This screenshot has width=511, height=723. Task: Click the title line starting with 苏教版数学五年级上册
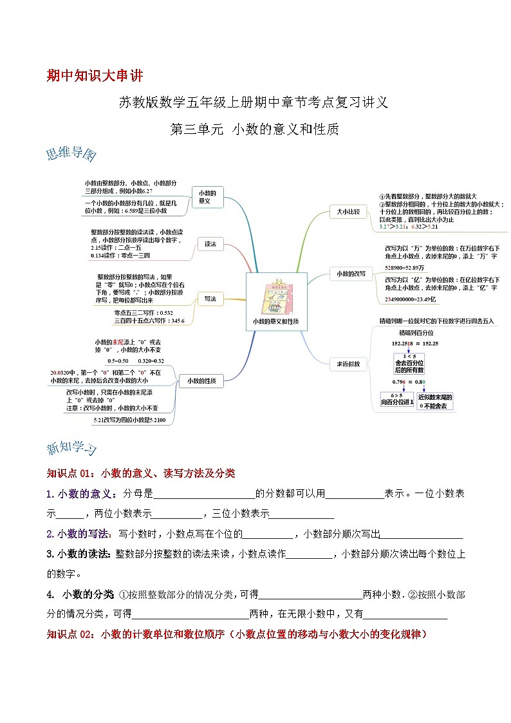[x=254, y=102]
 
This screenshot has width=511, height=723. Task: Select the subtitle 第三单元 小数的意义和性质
[x=254, y=129]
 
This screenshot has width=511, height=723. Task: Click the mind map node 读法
[x=210, y=244]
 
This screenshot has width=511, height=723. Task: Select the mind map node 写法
[x=210, y=299]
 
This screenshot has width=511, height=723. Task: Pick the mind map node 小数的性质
[x=201, y=381]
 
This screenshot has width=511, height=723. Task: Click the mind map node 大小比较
[x=348, y=211]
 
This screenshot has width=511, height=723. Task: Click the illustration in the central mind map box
[x=275, y=297]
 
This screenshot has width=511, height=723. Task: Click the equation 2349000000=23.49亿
[x=410, y=299]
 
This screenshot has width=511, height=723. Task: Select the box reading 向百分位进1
[x=393, y=399]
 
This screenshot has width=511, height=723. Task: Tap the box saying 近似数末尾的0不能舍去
[x=435, y=401]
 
